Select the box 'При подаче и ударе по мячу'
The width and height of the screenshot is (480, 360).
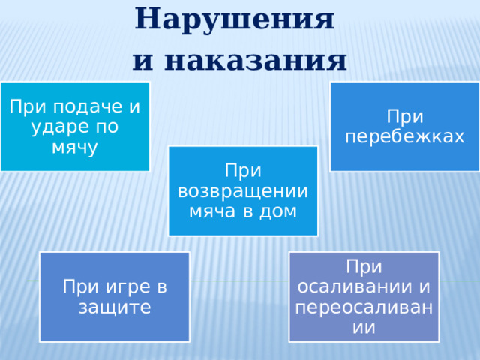(x=75, y=126)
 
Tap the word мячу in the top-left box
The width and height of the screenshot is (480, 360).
(x=75, y=147)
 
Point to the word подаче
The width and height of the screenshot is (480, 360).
(x=82, y=106)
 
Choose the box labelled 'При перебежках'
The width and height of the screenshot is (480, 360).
(x=405, y=126)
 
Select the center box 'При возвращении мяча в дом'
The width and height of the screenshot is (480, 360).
(x=243, y=190)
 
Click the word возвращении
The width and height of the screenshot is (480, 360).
(x=243, y=190)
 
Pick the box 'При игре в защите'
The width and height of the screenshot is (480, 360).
(x=115, y=296)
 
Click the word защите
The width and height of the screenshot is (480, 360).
(x=115, y=307)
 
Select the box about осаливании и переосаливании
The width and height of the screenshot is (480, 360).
(x=364, y=296)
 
